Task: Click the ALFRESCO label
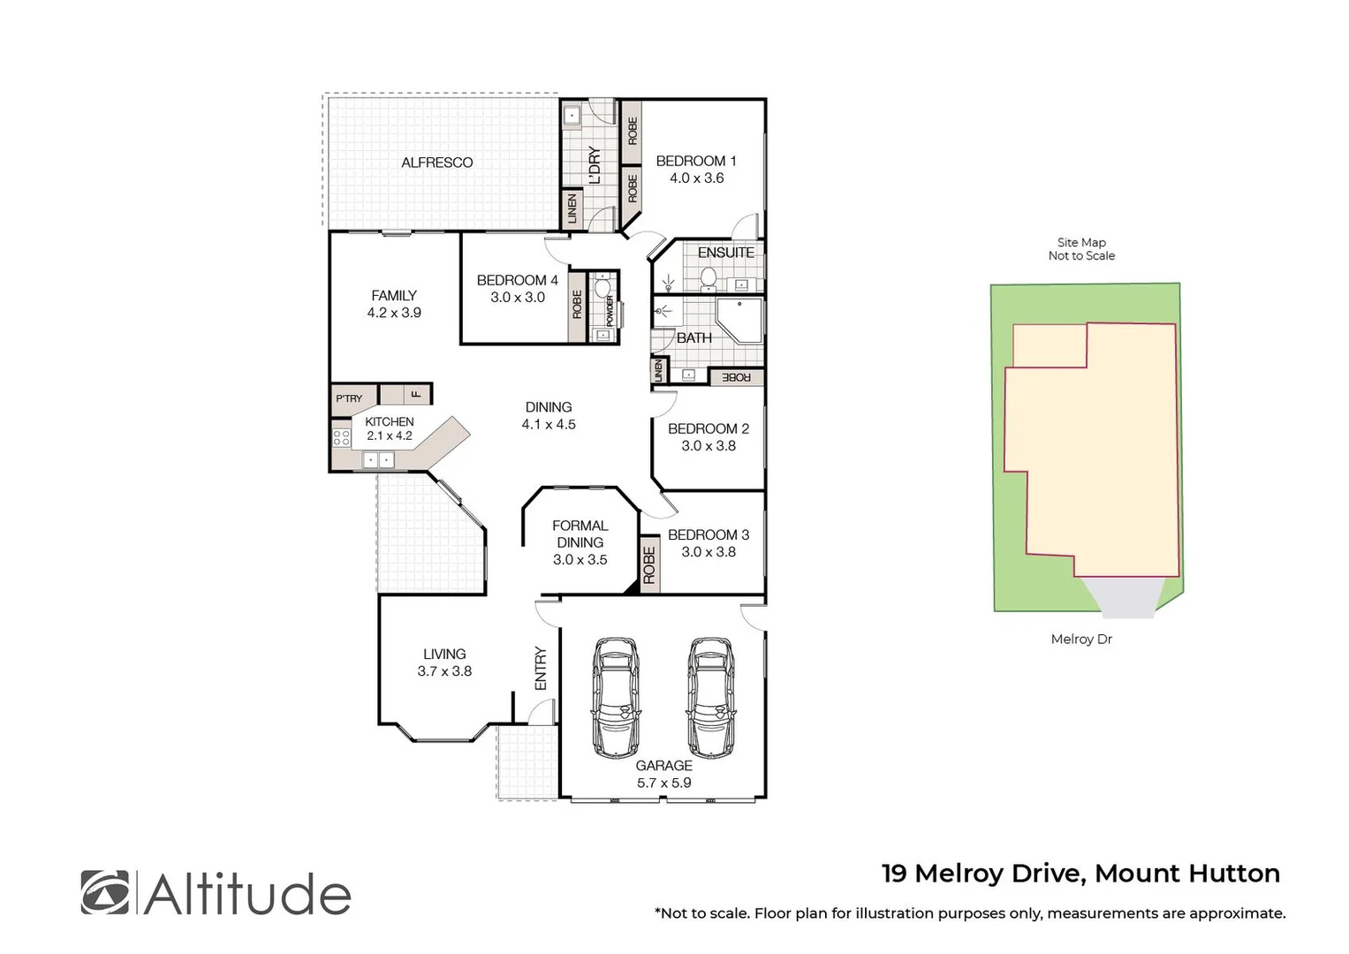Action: pos(436,163)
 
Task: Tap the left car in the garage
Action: pos(615,697)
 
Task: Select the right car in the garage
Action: pos(710,697)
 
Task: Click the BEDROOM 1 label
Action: pos(695,161)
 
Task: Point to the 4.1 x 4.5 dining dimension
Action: pos(548,424)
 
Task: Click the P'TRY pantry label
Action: pos(349,398)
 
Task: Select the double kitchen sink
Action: pos(379,459)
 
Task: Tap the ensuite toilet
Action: pos(708,279)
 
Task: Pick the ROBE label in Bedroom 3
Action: pos(649,565)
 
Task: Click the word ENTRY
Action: pos(541,669)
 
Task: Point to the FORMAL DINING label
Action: pos(580,534)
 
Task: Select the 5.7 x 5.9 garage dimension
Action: pos(663,783)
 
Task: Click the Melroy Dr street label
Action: pos(1080,639)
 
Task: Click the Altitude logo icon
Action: pos(104,892)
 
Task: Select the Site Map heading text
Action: pos(1080,242)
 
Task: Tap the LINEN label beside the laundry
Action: pos(572,208)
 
